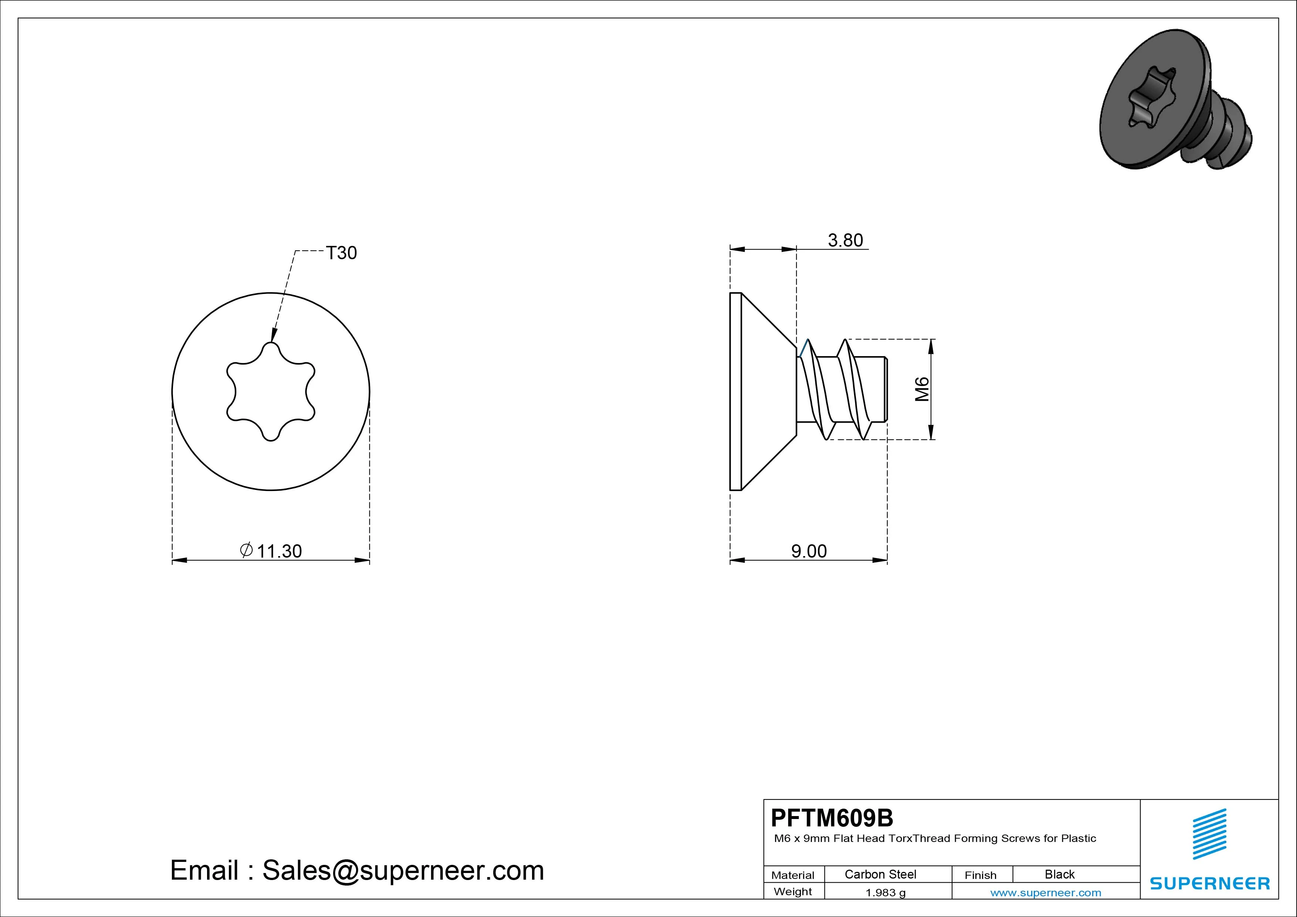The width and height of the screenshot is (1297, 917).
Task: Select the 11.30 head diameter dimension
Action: pos(279,551)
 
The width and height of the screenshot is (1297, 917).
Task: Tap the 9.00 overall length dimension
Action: pos(809,551)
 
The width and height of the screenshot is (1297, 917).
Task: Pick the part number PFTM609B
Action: pos(832,818)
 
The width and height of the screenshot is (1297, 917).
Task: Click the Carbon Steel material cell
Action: pos(880,874)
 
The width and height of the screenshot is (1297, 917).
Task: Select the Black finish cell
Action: pos(1060,874)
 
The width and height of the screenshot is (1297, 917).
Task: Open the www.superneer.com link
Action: pos(1046,893)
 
